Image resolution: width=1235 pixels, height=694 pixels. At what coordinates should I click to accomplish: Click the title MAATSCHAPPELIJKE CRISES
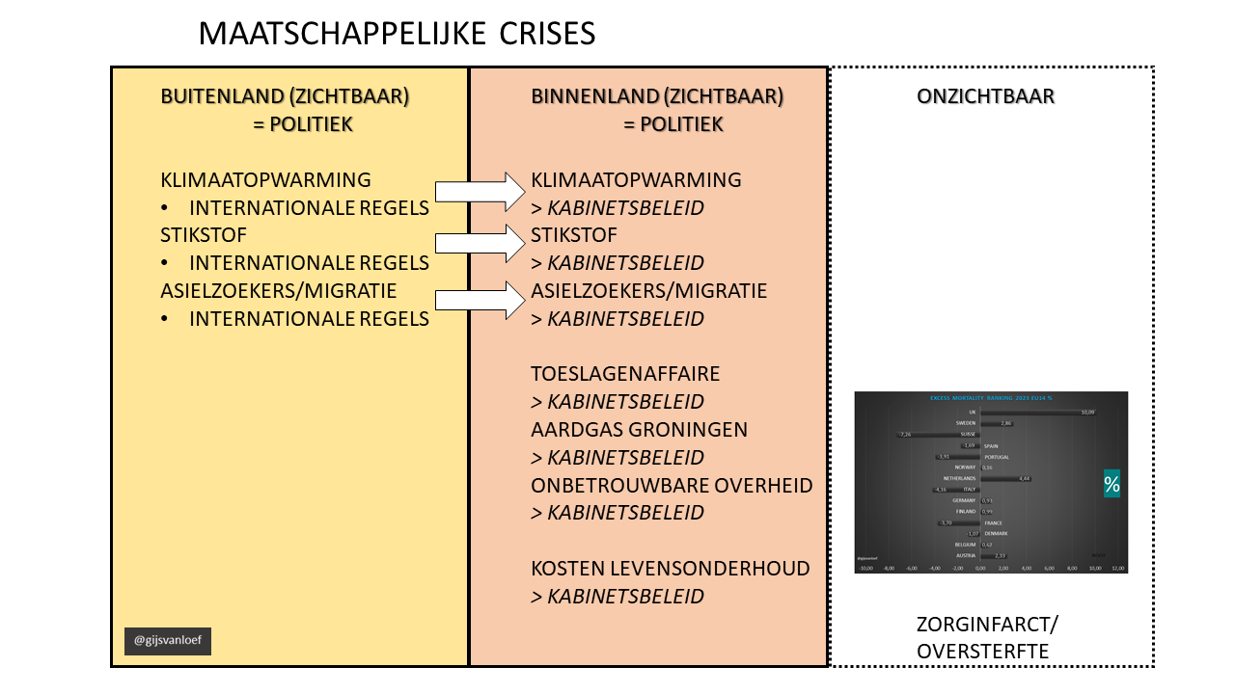[x=397, y=34]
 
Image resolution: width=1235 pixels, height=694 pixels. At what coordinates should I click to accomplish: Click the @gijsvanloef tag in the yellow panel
[x=167, y=641]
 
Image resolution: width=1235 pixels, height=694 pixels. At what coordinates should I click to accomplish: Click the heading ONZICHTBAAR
[x=985, y=96]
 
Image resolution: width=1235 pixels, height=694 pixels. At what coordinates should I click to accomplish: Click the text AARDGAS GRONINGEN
[x=639, y=429]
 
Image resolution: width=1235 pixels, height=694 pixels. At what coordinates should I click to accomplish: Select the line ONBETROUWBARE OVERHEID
[x=672, y=485]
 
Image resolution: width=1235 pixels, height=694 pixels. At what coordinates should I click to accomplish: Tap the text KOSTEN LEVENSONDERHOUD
[x=670, y=569]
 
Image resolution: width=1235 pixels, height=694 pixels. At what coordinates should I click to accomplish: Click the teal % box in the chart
[x=1111, y=484]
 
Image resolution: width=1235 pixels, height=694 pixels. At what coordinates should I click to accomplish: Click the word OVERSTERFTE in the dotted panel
[x=982, y=652]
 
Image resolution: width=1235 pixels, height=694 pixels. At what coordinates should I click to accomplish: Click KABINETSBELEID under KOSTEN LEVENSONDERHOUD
[x=625, y=597]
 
